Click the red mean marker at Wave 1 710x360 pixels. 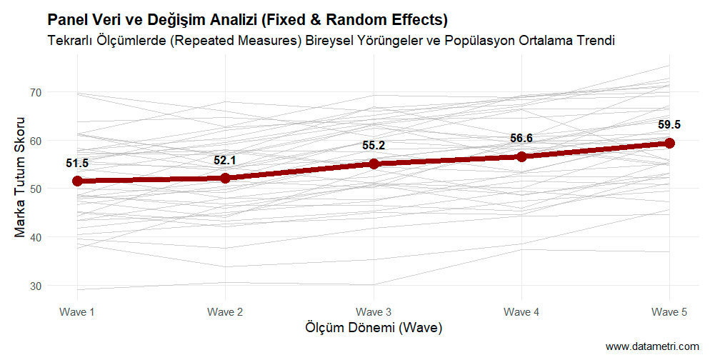click(77, 181)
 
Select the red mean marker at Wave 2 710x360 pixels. click(225, 178)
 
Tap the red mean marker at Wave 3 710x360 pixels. click(374, 164)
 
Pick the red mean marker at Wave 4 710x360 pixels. click(521, 156)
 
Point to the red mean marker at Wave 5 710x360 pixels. click(669, 143)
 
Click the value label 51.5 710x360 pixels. click(77, 164)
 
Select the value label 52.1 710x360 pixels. click(225, 160)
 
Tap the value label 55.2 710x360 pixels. click(374, 146)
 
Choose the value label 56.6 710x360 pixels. click(521, 139)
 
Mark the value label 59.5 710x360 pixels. click(669, 125)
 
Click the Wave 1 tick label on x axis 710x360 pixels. click(77, 312)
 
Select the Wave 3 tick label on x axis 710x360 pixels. click(374, 312)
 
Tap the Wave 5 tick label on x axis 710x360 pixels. click(669, 312)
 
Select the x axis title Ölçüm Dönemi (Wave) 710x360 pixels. click(374, 328)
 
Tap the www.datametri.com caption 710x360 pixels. click(652, 346)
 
